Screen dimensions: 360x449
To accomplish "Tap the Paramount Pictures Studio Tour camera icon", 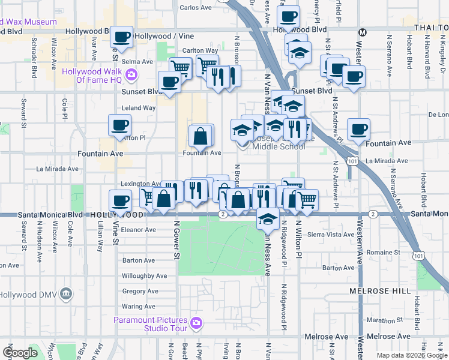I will click(196, 324).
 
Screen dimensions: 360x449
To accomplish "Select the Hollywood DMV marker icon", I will click(66, 295).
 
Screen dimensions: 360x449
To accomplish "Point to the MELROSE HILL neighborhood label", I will click(380, 291).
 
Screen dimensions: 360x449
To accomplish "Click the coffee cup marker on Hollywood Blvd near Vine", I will click(122, 37).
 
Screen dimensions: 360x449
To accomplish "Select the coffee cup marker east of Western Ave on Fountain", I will click(359, 128).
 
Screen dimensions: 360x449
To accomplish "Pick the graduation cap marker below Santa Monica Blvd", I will click(268, 218).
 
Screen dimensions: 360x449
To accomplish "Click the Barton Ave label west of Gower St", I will click(139, 260).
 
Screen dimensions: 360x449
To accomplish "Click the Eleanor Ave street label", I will click(139, 230).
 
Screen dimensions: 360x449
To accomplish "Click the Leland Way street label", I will click(139, 108).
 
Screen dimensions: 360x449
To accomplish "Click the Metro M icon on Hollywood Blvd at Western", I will click(362, 32).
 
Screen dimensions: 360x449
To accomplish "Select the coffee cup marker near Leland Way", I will click(119, 125).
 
